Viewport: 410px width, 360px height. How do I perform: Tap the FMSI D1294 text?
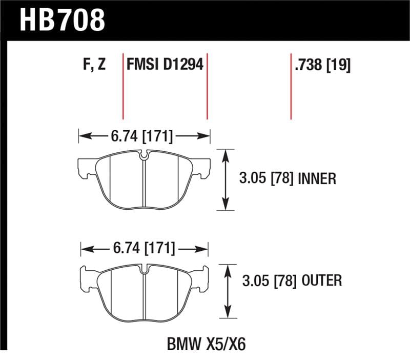[x=165, y=65]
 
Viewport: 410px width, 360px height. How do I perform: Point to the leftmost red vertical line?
[x=124, y=85]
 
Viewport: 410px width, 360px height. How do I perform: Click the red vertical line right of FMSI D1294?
[x=207, y=85]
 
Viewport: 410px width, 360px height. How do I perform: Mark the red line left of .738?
[x=291, y=85]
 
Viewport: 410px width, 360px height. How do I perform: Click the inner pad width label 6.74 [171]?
[x=141, y=137]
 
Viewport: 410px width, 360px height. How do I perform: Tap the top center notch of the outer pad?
[x=145, y=268]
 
